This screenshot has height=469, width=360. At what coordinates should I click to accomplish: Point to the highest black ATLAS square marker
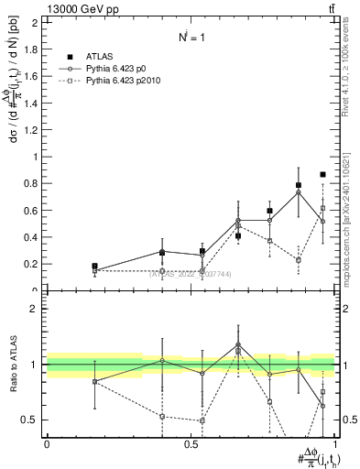pyautogui.click(x=322, y=175)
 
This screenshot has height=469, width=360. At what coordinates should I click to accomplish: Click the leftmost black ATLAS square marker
pyautogui.click(x=94, y=267)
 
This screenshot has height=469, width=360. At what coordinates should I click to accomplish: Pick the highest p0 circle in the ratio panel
pyautogui.click(x=238, y=345)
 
